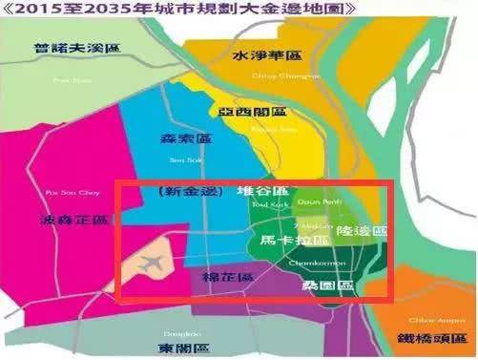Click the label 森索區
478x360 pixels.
[184, 139]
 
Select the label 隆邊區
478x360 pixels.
[364, 230]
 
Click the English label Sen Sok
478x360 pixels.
[180, 159]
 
